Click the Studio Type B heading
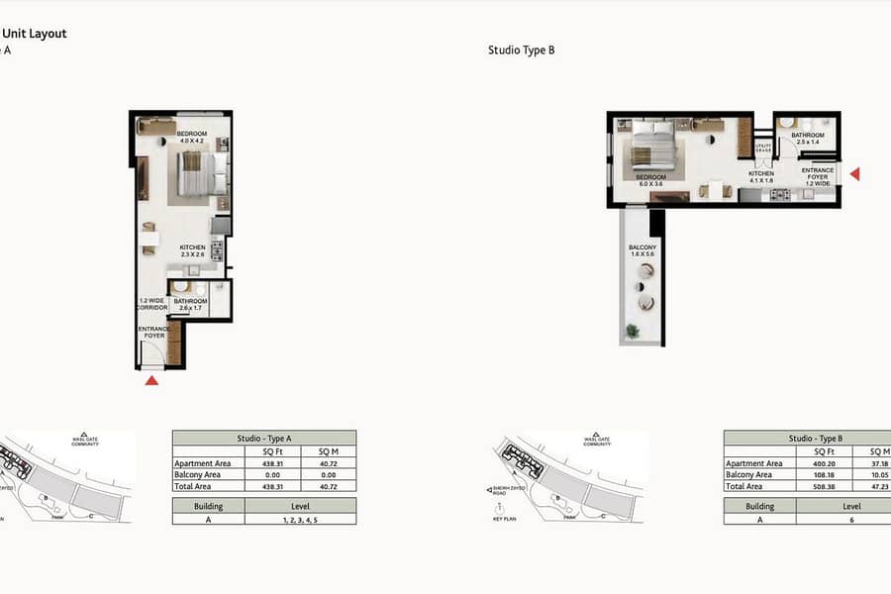point(521,49)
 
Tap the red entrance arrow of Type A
point(151,379)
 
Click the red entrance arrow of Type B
point(855,174)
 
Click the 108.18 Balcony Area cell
point(800,475)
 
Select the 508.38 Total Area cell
point(800,487)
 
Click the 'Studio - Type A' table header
point(263,438)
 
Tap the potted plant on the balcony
point(632,331)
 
